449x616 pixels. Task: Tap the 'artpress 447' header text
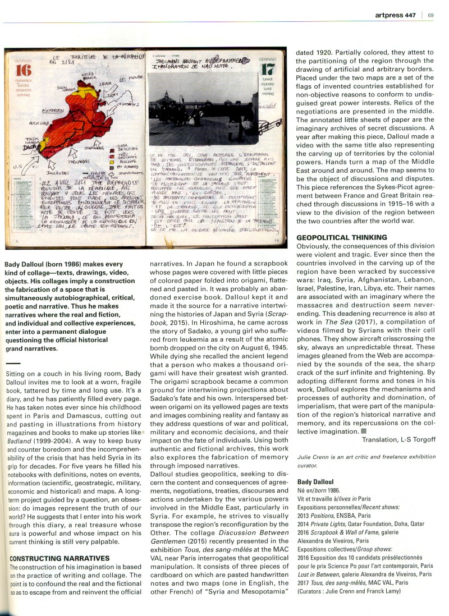(397, 15)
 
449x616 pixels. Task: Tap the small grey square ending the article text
(364, 431)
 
